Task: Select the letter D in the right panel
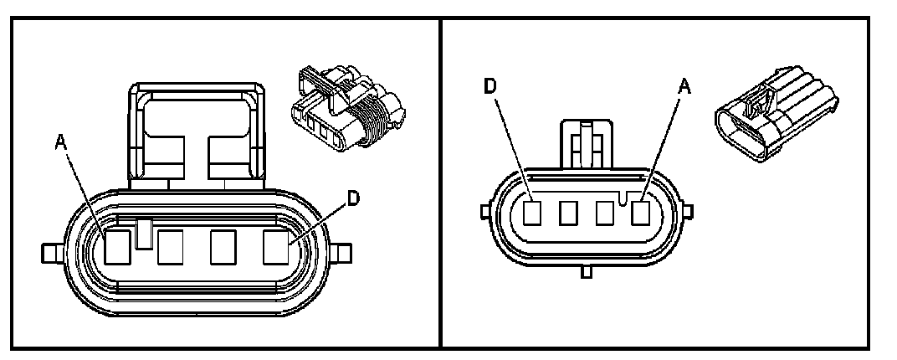[x=491, y=86]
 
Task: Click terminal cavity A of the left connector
[x=118, y=245]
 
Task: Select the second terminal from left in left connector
[x=171, y=245]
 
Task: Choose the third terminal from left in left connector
[x=223, y=245]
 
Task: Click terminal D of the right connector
[x=533, y=214]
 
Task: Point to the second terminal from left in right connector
[x=569, y=214]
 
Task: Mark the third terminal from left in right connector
[x=605, y=214]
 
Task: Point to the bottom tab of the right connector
[x=586, y=270]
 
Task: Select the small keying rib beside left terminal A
[x=144, y=233]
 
